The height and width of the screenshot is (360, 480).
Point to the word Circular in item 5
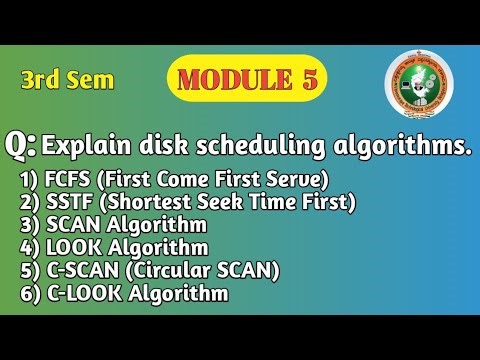(x=189, y=270)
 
